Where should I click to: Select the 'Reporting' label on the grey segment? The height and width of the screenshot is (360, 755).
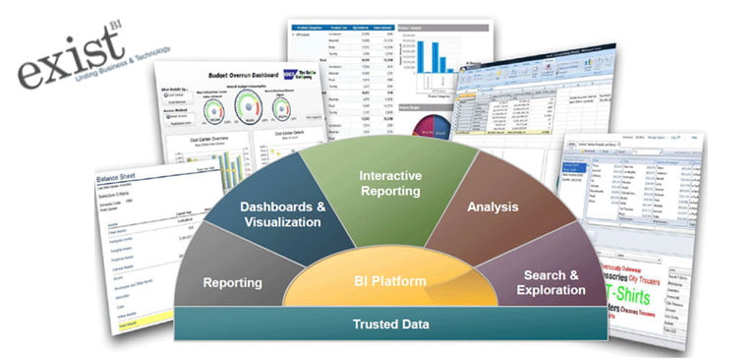click(232, 283)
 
